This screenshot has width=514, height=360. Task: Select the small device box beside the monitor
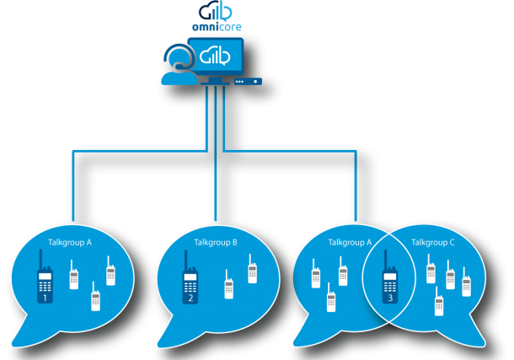pos(248,82)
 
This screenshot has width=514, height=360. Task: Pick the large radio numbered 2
pos(191,284)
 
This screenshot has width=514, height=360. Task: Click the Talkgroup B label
pos(216,242)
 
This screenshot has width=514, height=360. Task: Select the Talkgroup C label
pos(432,242)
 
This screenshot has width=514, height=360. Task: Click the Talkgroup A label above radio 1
pos(70,242)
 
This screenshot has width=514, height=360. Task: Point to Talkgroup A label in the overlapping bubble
pos(350,242)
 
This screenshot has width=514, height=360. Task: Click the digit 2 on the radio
pos(191,298)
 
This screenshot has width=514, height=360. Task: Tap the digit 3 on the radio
pos(389,298)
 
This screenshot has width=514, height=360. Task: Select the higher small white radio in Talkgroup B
pos(252,271)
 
